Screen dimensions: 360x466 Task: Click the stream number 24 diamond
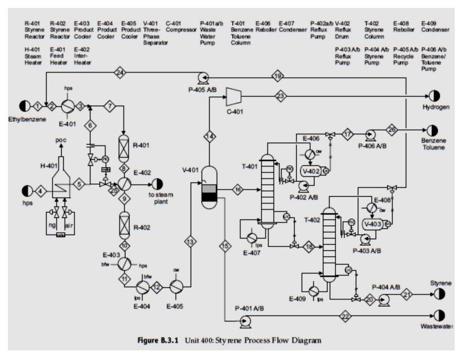pyautogui.click(x=119, y=72)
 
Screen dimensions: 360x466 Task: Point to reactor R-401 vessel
pyautogui.click(x=123, y=145)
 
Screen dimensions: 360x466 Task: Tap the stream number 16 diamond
pyautogui.click(x=238, y=189)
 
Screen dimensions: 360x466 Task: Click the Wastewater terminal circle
pyautogui.click(x=439, y=315)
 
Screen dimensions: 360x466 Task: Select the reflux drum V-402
pyautogui.click(x=312, y=170)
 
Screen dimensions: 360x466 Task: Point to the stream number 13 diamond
pyautogui.click(x=190, y=242)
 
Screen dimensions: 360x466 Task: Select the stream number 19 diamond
pyautogui.click(x=278, y=76)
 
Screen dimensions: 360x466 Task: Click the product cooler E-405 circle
pyautogui.click(x=177, y=288)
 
